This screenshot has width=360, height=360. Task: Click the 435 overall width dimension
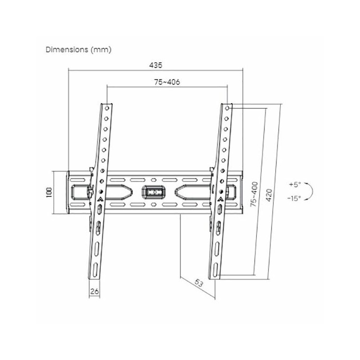pos(156,65)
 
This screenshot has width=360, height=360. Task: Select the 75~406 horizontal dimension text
pos(167,82)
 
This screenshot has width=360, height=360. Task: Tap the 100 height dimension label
pos(49,192)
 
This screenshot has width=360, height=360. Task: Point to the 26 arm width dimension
pos(95,291)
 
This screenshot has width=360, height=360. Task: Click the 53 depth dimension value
pos(199,283)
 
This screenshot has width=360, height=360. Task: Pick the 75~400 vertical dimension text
pos(254,194)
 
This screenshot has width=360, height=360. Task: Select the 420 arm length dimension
pos(269,195)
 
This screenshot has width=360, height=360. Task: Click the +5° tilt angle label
pos(295,184)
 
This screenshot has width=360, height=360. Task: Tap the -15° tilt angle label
pos(294,198)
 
